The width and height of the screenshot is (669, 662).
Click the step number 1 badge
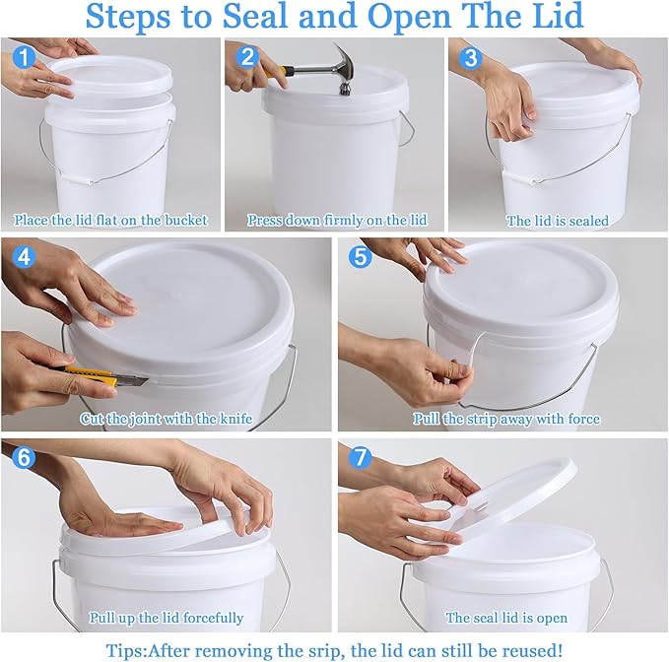[24, 58]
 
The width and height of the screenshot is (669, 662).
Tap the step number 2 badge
[247, 58]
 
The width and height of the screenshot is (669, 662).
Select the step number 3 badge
[470, 58]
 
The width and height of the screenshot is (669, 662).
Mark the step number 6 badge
[24, 459]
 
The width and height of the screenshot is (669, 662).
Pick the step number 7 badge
[360, 459]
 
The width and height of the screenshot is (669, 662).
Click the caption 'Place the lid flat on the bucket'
[110, 220]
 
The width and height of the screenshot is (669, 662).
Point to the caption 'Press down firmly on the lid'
[336, 220]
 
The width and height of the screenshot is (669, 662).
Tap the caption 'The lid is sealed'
[558, 221]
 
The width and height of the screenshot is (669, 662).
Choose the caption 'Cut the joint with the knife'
[166, 419]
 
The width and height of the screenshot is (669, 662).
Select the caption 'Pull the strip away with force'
[505, 419]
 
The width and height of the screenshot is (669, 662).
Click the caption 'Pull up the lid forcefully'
[166, 618]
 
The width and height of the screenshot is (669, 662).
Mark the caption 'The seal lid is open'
[506, 618]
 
